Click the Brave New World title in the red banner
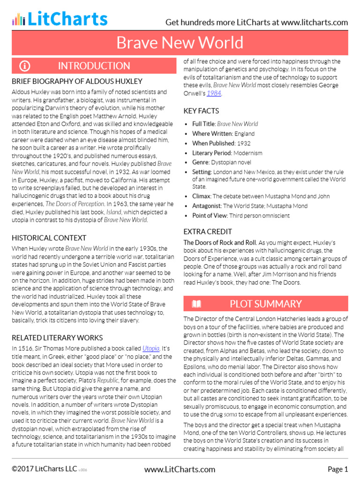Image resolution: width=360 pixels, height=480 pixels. click(180, 43)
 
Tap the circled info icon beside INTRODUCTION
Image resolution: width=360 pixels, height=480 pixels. click(25, 66)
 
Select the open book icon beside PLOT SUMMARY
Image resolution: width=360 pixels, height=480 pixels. click(196, 304)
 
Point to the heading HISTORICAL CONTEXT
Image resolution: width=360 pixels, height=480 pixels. click(49, 238)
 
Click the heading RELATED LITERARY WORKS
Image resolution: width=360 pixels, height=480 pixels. click(57, 337)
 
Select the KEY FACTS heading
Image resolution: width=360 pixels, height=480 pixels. click(201, 111)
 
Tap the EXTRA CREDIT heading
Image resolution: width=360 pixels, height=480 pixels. click(208, 232)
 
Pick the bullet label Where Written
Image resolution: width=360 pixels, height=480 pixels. click(212, 134)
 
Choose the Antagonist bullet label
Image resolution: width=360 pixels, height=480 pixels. click(206, 206)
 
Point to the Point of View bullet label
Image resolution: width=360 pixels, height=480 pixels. click(210, 216)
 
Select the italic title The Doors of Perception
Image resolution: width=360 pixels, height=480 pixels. click(75, 204)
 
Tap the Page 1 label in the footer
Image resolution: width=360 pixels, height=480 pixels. click(337, 469)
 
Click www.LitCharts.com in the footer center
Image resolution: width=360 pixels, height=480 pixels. click(180, 469)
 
